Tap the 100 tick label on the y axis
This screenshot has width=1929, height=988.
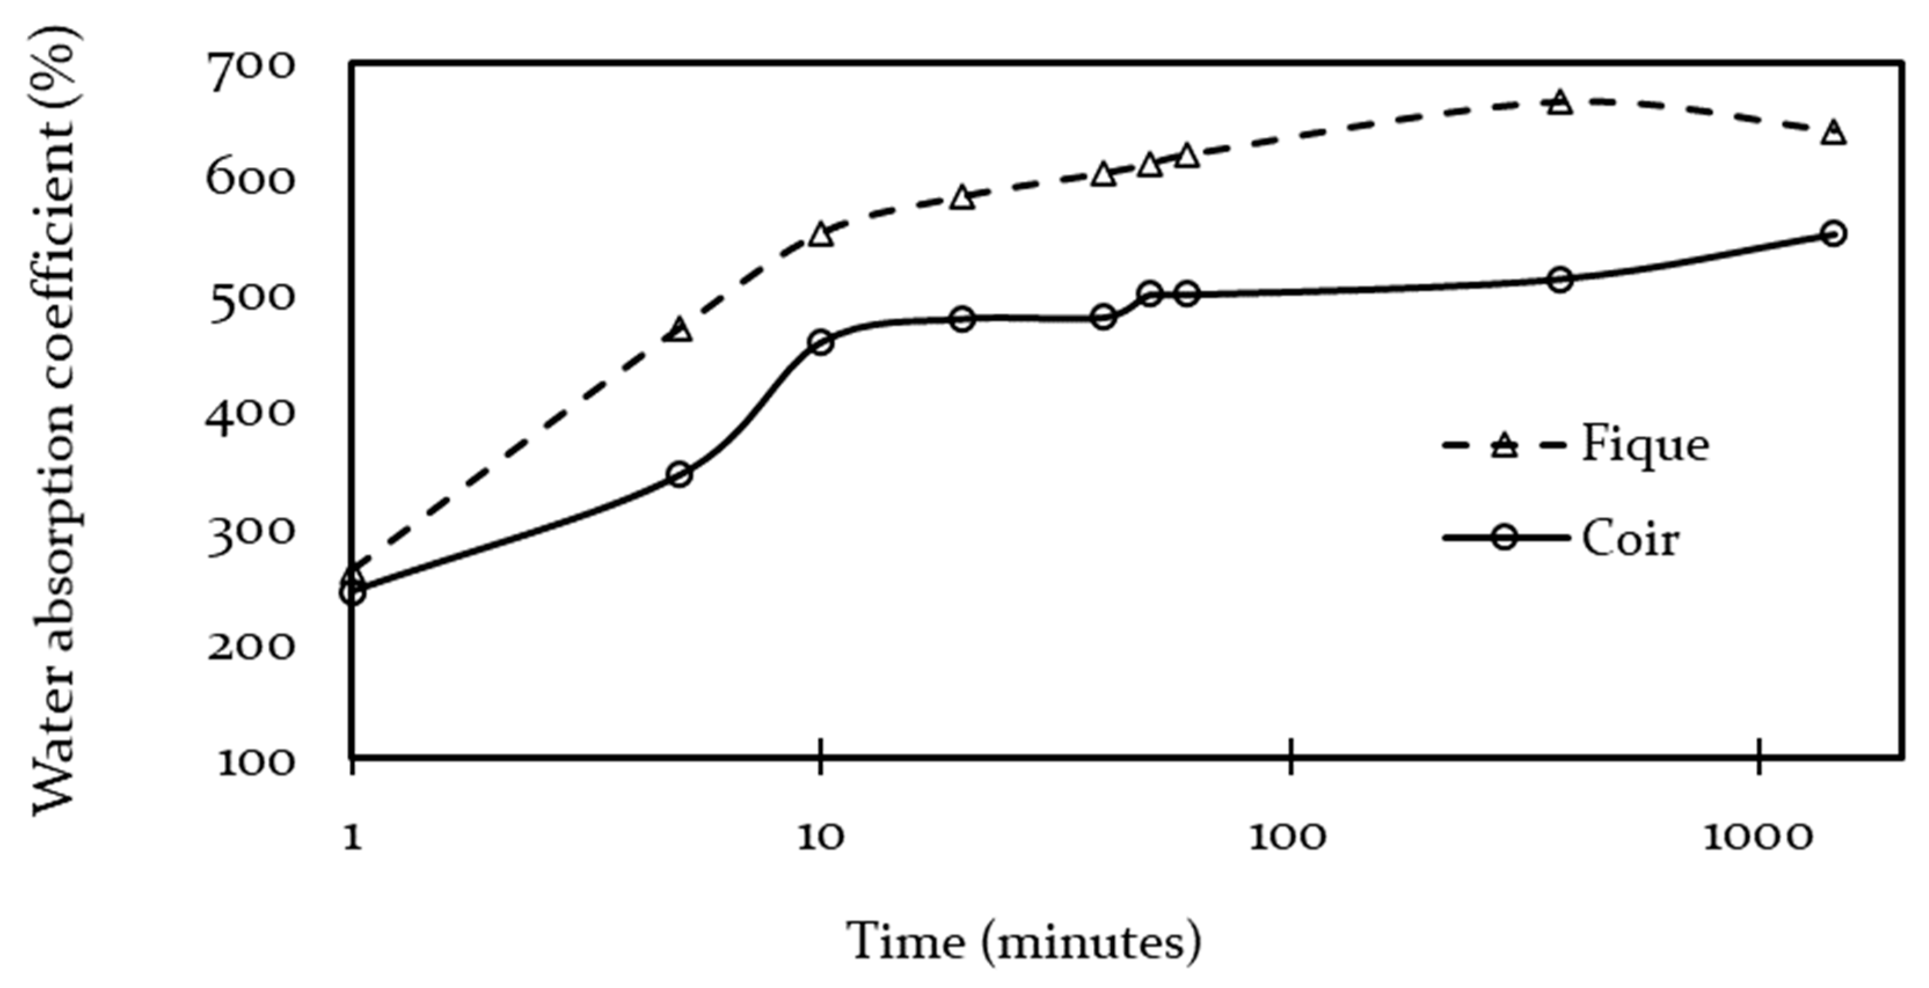255,763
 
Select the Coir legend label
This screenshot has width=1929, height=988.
1630,539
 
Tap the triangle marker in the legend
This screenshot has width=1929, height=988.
1504,446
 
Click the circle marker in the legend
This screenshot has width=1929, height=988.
1504,538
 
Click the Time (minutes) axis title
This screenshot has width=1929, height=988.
1023,942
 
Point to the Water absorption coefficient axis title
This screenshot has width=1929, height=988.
54,419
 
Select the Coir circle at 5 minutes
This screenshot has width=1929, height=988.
679,475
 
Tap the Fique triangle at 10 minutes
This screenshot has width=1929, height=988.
821,235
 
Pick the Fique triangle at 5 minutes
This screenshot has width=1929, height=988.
679,330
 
